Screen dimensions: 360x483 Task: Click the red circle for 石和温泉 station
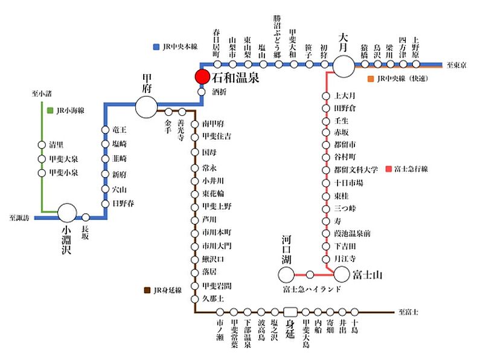tap(202, 77)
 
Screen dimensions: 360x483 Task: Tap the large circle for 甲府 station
tap(146, 108)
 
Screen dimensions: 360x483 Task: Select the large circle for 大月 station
tap(344, 66)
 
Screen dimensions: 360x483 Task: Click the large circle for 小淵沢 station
tap(67, 213)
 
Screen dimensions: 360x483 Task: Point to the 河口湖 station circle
tap(286, 275)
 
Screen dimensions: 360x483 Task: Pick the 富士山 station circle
tap(342, 275)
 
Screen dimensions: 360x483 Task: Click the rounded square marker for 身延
tap(291, 312)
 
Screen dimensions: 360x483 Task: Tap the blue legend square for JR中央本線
tap(157, 46)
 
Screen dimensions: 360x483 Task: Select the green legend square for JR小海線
tap(50, 111)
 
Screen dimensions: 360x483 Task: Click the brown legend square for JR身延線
tap(148, 290)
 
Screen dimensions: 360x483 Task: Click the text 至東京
tap(456, 65)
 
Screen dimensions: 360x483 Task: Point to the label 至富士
tap(409, 312)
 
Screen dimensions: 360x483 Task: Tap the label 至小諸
tap(43, 94)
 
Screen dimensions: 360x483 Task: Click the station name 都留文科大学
tap(356, 169)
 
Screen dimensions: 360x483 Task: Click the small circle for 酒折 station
tap(203, 92)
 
